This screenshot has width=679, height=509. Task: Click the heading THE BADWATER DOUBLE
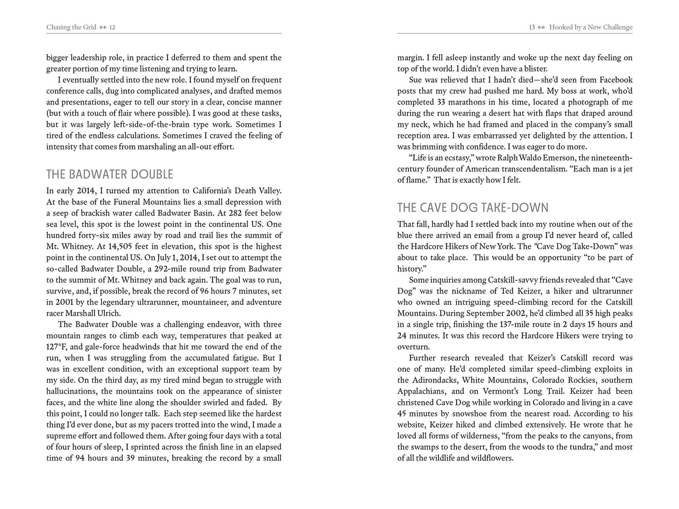tap(109, 174)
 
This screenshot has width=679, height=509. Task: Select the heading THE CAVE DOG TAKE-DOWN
tap(473, 208)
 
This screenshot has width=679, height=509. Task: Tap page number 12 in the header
tap(112, 27)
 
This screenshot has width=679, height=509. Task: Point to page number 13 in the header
tap(532, 27)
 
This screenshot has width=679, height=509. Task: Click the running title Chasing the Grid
tap(71, 27)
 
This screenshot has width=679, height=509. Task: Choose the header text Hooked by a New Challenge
tap(591, 27)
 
